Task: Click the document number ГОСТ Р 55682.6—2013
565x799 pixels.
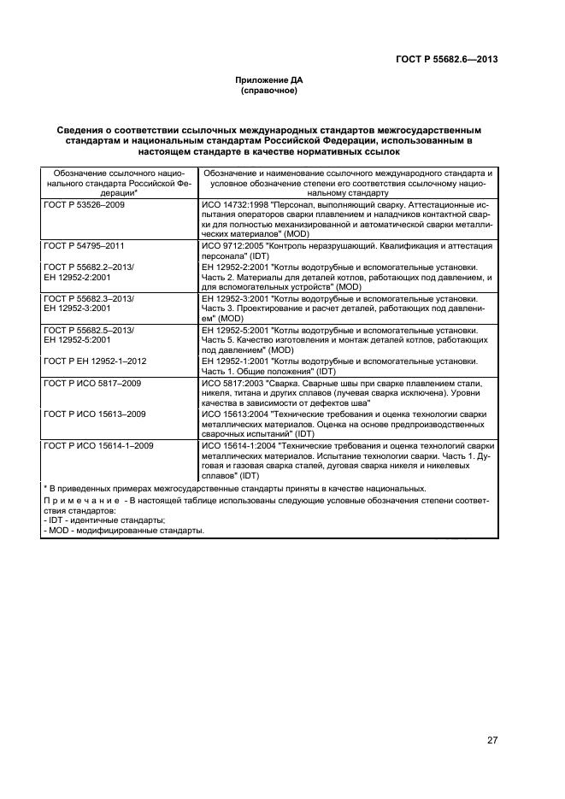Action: [447, 59]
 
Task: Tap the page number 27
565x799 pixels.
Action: [492, 741]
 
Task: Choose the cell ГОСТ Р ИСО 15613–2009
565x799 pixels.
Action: [95, 414]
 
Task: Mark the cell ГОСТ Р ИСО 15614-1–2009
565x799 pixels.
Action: [98, 445]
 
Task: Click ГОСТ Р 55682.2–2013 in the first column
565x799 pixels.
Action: [95, 267]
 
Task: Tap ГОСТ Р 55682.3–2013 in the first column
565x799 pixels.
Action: [95, 297]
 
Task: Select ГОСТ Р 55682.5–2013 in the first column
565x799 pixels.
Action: [95, 328]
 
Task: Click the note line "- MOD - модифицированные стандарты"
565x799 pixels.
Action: [124, 531]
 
